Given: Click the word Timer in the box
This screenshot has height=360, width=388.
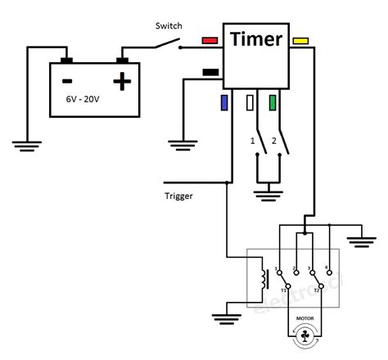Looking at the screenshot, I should pos(256,39).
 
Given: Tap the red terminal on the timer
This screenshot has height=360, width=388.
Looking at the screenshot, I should pos(210,39).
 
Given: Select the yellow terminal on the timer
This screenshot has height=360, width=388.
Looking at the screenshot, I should pos(300,39).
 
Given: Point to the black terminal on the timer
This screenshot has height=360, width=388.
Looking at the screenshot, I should pos(210,72).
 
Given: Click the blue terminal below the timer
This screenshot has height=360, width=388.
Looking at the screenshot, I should pos(223,102).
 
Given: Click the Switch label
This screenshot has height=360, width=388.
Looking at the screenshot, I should pos(169,25).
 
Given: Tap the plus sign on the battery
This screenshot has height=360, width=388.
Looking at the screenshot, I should pos(122,81).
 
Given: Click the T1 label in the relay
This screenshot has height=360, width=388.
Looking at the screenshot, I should pos(284,290).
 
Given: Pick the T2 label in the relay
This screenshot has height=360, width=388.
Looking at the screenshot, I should pos(316,290).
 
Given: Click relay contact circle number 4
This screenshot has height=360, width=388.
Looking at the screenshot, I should pos(327,270).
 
